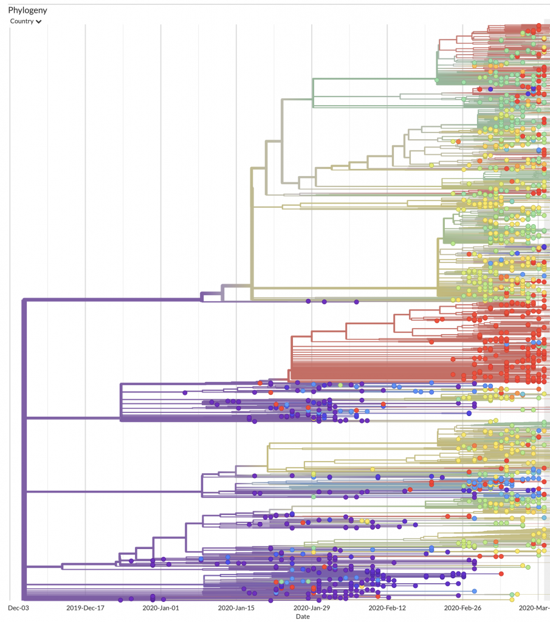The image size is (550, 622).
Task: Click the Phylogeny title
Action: click(27, 10)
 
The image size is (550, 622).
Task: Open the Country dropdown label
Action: click(22, 21)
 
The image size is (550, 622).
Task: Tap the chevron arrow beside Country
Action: click(38, 22)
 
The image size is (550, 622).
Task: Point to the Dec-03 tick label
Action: click(18, 607)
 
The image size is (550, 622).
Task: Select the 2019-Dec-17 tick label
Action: click(85, 607)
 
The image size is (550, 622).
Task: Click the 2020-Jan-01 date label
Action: click(160, 607)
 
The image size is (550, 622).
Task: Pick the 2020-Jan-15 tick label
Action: click(236, 607)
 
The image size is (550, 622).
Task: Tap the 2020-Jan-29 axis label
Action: click(312, 607)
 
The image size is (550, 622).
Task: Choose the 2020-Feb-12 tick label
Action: click(387, 607)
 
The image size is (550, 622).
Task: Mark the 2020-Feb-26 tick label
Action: click(462, 607)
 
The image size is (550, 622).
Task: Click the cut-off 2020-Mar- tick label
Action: click(534, 607)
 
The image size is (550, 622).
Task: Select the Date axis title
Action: click(303, 617)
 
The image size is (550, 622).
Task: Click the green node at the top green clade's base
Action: click(437, 81)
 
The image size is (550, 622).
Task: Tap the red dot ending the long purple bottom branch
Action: click(501, 573)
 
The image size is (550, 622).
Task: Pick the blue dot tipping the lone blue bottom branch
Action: click(474, 591)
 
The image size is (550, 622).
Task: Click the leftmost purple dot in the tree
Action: click(120, 600)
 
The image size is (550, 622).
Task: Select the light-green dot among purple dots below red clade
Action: click(340, 385)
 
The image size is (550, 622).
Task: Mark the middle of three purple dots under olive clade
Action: click(324, 302)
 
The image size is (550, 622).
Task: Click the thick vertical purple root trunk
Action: click(24, 449)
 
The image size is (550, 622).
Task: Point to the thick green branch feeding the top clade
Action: click(375, 79)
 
